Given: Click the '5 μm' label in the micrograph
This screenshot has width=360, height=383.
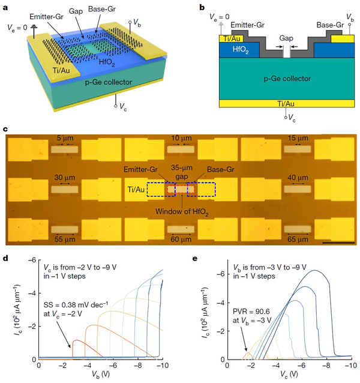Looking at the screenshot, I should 62,138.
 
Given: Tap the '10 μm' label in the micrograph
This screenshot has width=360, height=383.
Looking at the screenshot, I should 180,138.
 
